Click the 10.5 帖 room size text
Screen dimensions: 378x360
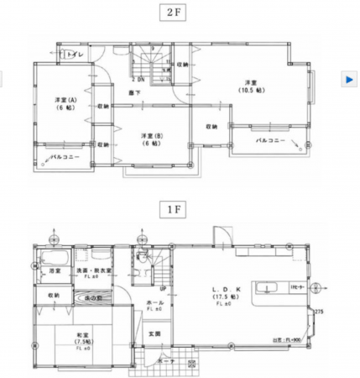[x=250, y=89]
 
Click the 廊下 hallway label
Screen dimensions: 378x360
[x=134, y=92]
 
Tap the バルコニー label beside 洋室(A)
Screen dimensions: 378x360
[x=63, y=157]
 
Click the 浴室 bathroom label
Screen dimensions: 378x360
[x=55, y=271]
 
